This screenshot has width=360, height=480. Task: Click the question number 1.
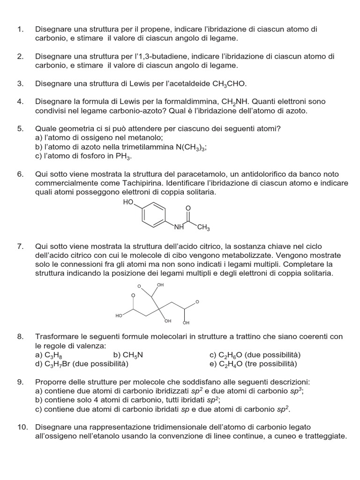[20, 30]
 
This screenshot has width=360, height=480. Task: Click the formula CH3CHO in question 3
[229, 84]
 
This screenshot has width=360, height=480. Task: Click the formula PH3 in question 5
[124, 157]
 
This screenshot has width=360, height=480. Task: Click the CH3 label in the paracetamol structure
[203, 228]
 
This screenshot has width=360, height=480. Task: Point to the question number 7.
[20, 247]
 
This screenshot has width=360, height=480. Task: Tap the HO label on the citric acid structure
[119, 316]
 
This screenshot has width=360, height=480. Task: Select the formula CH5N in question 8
[133, 355]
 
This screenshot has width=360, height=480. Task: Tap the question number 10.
[22, 427]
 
